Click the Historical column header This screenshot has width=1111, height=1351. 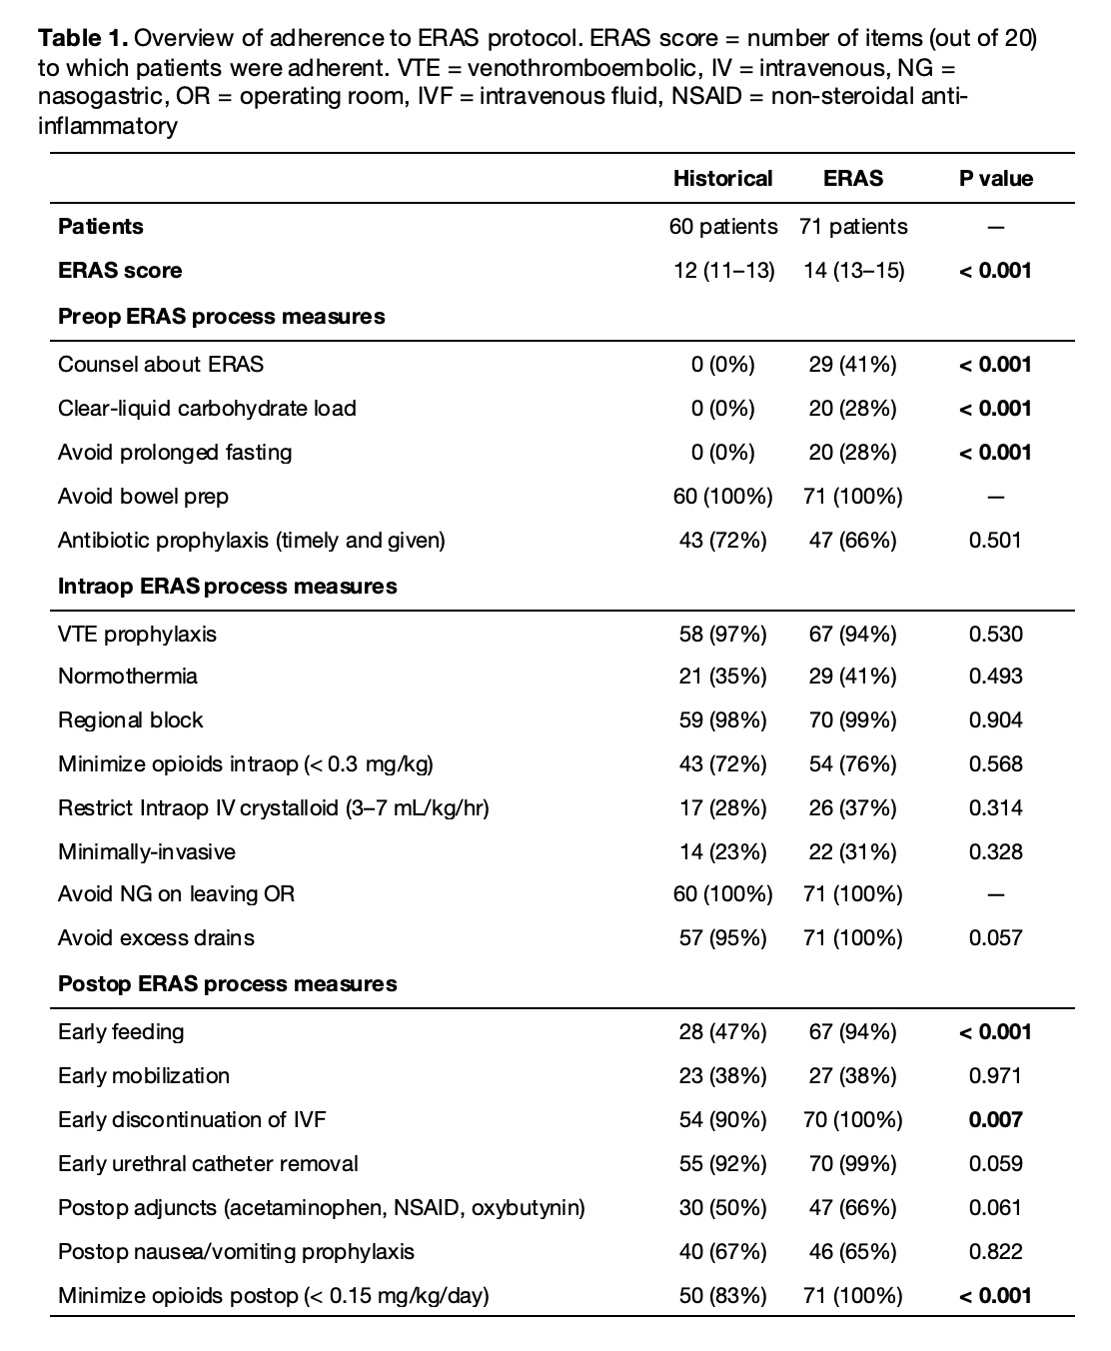[x=722, y=179]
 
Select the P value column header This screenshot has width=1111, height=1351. [x=995, y=179]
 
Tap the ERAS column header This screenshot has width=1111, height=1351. [x=852, y=179]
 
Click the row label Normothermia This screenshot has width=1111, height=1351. [x=128, y=676]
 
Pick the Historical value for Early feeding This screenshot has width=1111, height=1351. [x=722, y=1032]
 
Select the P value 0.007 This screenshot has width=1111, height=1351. [x=995, y=1120]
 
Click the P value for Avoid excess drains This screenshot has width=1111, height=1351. [x=995, y=938]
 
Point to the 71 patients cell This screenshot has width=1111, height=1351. [x=852, y=227]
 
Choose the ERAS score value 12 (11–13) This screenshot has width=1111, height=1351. [x=722, y=271]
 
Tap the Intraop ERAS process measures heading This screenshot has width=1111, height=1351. [x=227, y=587]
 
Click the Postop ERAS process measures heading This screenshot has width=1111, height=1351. [x=227, y=984]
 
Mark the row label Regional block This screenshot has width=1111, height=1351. [x=130, y=720]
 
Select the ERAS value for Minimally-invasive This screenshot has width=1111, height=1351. [x=852, y=852]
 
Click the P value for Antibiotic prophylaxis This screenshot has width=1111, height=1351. [x=995, y=541]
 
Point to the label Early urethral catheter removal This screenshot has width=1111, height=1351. [x=208, y=1164]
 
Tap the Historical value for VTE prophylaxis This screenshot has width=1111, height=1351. [x=722, y=635]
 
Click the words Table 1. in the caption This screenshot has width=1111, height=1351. [x=83, y=40]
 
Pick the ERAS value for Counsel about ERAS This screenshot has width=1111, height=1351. [x=852, y=365]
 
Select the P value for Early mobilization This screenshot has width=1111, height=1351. [x=995, y=1076]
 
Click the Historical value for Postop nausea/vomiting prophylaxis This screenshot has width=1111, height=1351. [x=722, y=1252]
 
